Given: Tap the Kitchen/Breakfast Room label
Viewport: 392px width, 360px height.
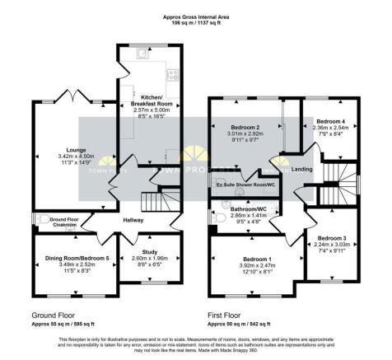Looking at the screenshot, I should [150, 101].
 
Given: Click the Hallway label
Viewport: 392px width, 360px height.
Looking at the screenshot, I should [132, 220].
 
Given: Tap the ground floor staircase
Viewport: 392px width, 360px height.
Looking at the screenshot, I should [152, 200].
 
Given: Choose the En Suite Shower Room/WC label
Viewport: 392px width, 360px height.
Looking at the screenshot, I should [245, 185].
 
